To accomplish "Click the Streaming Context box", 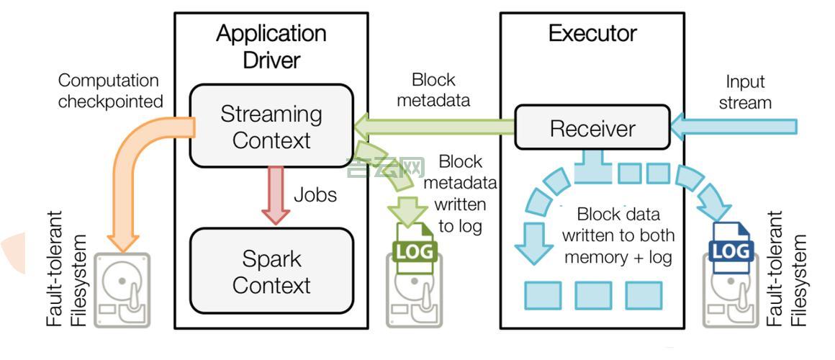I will click(271, 127).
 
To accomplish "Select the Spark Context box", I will click(271, 272).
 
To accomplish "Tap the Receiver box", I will click(592, 129).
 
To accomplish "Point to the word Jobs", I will click(315, 194).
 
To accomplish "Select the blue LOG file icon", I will click(731, 249).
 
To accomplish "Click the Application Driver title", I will click(271, 46).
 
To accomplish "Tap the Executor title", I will click(592, 33).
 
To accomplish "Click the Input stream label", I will click(745, 92).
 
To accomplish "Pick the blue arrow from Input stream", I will click(734, 127).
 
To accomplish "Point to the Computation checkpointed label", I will click(110, 91).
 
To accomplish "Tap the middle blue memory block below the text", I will click(593, 295).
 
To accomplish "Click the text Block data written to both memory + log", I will click(618, 235).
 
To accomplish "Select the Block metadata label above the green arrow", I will click(433, 89).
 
